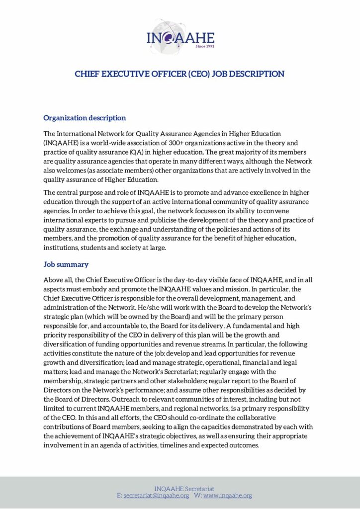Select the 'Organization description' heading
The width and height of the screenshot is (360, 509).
coord(85,118)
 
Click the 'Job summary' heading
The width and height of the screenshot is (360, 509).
coord(66,264)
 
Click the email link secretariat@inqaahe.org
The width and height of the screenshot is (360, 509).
coord(156,496)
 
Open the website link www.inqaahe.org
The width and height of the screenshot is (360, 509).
coord(228,496)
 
